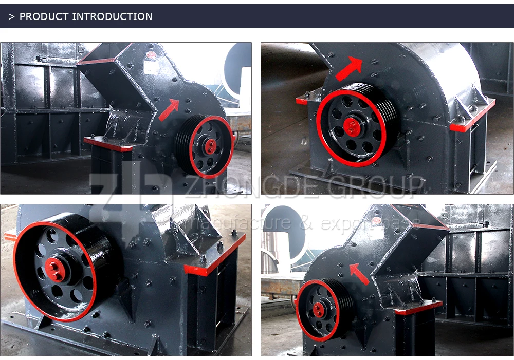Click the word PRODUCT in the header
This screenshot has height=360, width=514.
pyautogui.click(x=44, y=16)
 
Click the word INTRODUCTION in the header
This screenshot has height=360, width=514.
pyautogui.click(x=112, y=16)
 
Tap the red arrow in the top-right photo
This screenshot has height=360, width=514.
pyautogui.click(x=348, y=69)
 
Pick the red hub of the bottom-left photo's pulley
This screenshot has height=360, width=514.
pyautogui.click(x=54, y=270)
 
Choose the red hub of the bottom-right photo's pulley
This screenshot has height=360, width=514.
pyautogui.click(x=318, y=310)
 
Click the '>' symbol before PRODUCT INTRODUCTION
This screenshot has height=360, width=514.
pyautogui.click(x=11, y=16)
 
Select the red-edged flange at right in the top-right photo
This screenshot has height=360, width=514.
pyautogui.click(x=473, y=116)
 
